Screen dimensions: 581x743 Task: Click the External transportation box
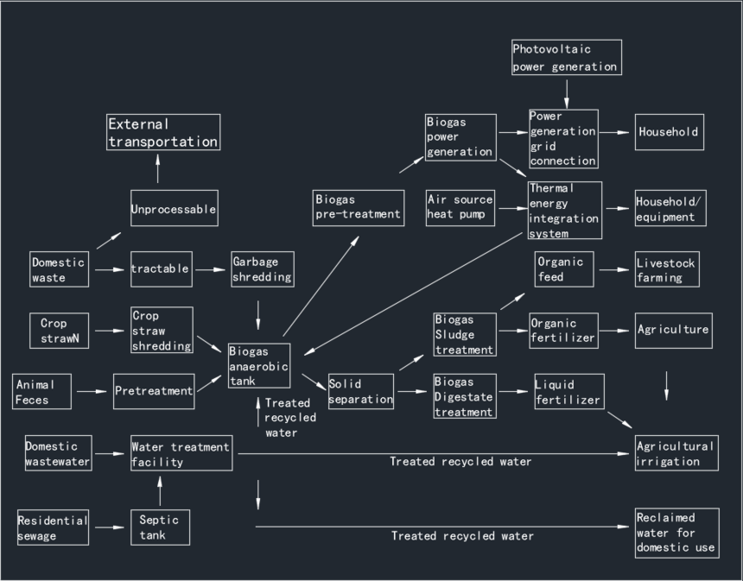click(x=163, y=132)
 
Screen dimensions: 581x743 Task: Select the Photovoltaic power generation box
click(x=566, y=57)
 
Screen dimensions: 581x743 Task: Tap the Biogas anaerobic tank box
click(x=259, y=366)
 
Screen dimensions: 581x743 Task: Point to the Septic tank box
click(x=160, y=527)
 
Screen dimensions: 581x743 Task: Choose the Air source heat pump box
click(x=460, y=208)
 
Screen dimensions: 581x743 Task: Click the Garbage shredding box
click(x=263, y=269)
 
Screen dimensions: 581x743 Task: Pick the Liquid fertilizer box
click(x=567, y=392)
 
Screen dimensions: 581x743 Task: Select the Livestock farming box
click(x=666, y=269)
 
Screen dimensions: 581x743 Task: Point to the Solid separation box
click(x=360, y=391)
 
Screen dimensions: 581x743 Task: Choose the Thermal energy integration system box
click(x=565, y=210)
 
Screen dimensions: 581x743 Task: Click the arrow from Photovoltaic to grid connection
click(x=567, y=92)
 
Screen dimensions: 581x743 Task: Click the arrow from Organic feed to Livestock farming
click(x=613, y=269)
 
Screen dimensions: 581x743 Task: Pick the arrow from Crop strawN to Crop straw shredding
click(x=111, y=330)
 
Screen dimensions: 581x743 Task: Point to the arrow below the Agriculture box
click(x=666, y=385)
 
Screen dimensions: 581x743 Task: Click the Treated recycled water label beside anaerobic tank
click(x=290, y=418)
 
